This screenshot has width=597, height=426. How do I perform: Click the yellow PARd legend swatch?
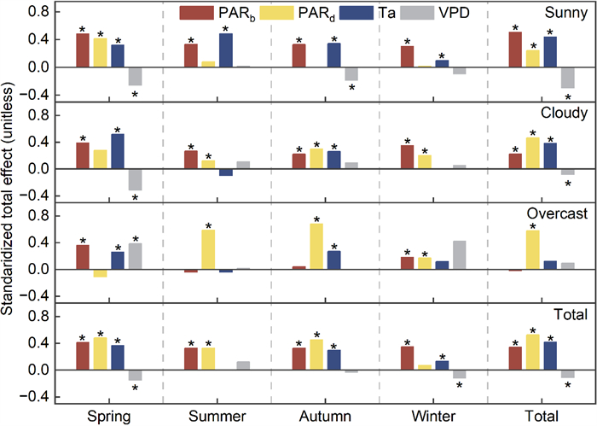(x=270, y=13)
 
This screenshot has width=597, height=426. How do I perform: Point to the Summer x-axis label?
(x=217, y=416)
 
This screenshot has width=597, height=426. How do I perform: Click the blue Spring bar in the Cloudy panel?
(x=117, y=151)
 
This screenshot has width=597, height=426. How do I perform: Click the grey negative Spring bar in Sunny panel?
(x=135, y=76)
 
